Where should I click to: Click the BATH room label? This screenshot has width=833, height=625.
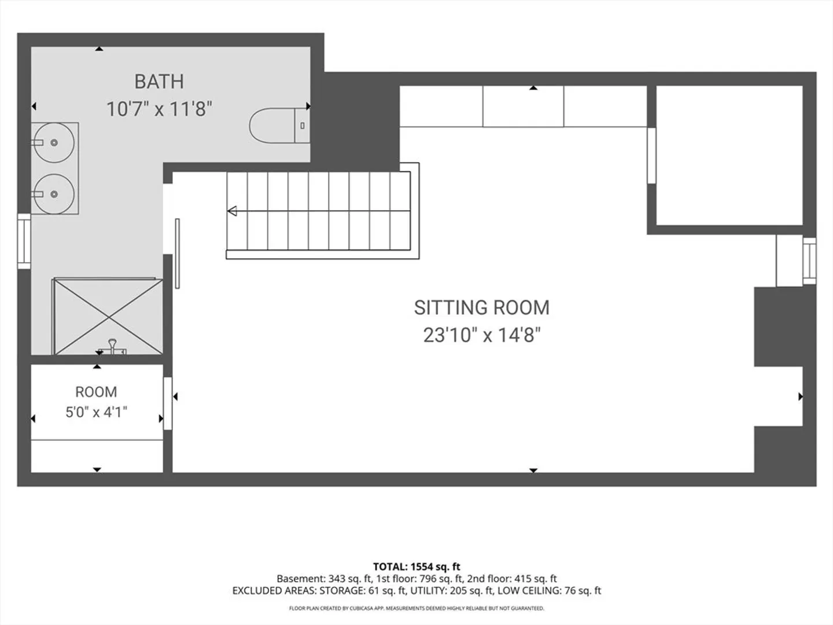(160, 82)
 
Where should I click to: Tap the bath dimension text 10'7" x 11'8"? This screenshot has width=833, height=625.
(160, 109)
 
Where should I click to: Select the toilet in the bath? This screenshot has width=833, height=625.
(279, 126)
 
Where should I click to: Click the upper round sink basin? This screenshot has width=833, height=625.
(54, 143)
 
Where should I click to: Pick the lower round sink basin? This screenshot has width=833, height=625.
(54, 194)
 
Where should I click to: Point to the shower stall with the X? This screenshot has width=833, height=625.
(109, 317)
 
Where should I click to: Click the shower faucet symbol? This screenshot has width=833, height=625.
(112, 347)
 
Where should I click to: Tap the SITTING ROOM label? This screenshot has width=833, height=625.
(482, 308)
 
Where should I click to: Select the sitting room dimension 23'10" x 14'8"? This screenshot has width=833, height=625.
(482, 336)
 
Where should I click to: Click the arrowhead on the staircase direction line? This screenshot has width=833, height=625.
(232, 211)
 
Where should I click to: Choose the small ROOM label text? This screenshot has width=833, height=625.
(96, 392)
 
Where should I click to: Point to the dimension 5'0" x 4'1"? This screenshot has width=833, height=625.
(96, 412)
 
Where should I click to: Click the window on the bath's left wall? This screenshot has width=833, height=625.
(24, 241)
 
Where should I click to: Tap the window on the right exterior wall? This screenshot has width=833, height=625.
(809, 260)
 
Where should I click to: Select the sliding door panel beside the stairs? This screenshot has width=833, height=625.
(177, 253)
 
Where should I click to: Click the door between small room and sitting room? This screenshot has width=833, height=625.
(168, 403)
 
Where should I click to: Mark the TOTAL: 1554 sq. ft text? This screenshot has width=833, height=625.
(417, 567)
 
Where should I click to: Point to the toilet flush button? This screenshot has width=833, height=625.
(303, 126)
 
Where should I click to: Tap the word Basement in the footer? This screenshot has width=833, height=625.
(301, 579)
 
